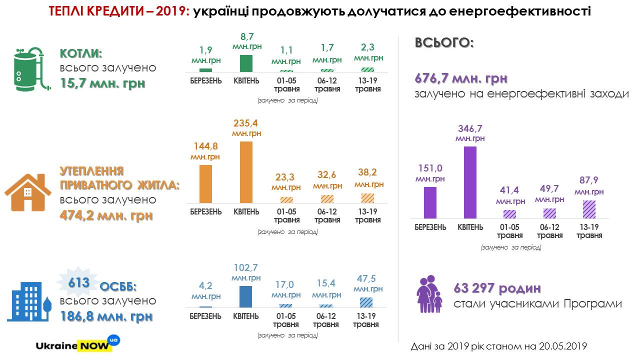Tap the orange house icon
[x=28, y=192]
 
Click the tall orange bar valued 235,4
[x=246, y=172]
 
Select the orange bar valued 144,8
[x=205, y=183]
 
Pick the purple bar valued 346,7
[x=470, y=182]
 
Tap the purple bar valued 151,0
[x=430, y=202]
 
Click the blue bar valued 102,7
[x=246, y=296]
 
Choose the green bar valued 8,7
[x=246, y=63]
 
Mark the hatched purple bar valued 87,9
[x=589, y=209]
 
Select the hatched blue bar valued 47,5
[x=366, y=302]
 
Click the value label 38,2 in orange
[x=368, y=173]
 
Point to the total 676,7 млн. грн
[x=461, y=78]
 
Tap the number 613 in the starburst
[x=79, y=283]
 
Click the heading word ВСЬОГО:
[x=444, y=43]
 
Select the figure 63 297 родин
[x=497, y=288]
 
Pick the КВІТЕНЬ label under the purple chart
[x=470, y=227]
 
